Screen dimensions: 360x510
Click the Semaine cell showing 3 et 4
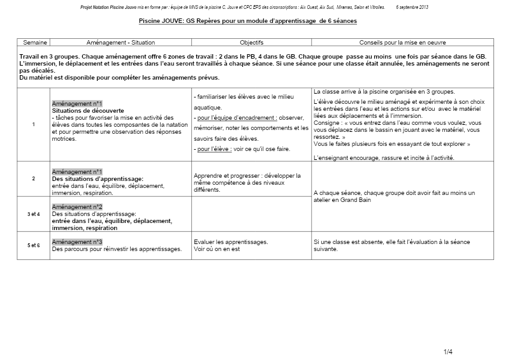(34, 215)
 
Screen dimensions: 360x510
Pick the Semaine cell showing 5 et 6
(34, 245)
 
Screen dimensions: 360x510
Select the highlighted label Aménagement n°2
(77, 208)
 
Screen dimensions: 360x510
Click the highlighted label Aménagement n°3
(77, 242)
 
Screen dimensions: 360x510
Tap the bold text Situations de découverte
(89, 110)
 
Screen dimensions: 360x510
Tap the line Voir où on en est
(217, 249)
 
